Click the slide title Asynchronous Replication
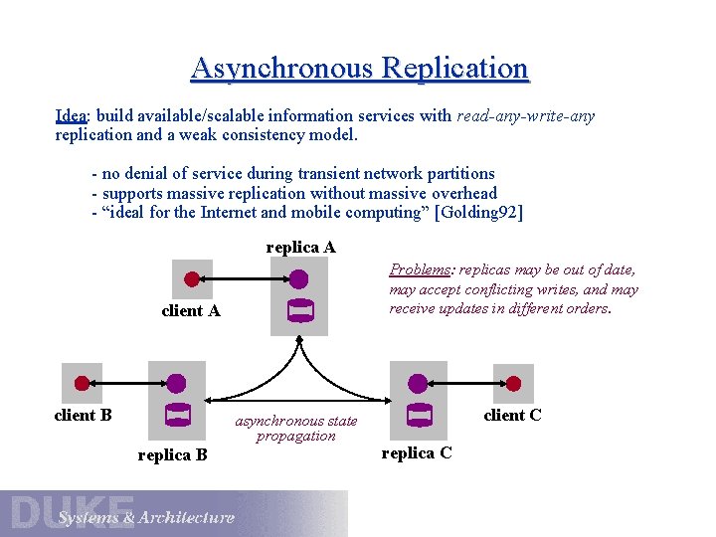pyautogui.click(x=359, y=69)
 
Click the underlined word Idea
pyautogui.click(x=71, y=116)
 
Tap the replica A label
pyautogui.click(x=300, y=247)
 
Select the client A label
pyautogui.click(x=191, y=311)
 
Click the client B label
pyautogui.click(x=83, y=415)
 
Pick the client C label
pyautogui.click(x=512, y=415)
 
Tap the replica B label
pyautogui.click(x=172, y=454)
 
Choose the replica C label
pyautogui.click(x=417, y=452)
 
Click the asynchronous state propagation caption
pyautogui.click(x=296, y=429)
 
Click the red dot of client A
pyautogui.click(x=192, y=278)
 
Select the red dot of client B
pyautogui.click(x=83, y=382)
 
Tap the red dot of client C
pyautogui.click(x=513, y=382)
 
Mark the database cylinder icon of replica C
pyautogui.click(x=419, y=414)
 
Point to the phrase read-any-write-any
pyautogui.click(x=525, y=116)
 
